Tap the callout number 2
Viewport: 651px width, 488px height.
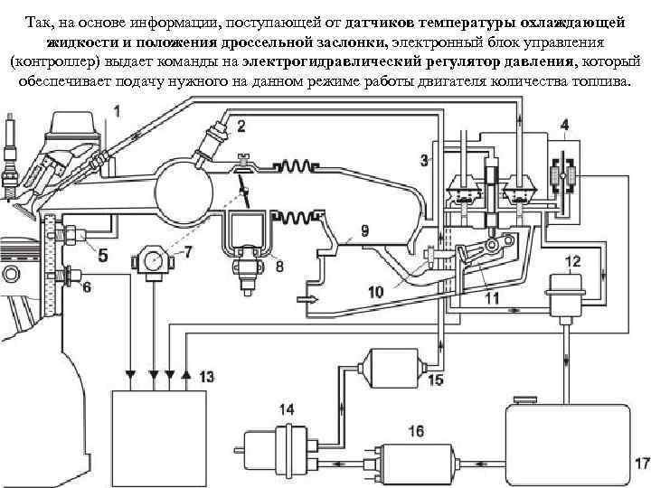(x=241, y=127)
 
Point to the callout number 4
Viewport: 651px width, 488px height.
(x=564, y=123)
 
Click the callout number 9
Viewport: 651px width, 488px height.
(x=364, y=231)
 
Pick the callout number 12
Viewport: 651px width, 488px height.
(x=572, y=262)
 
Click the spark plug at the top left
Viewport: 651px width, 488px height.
(x=11, y=145)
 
